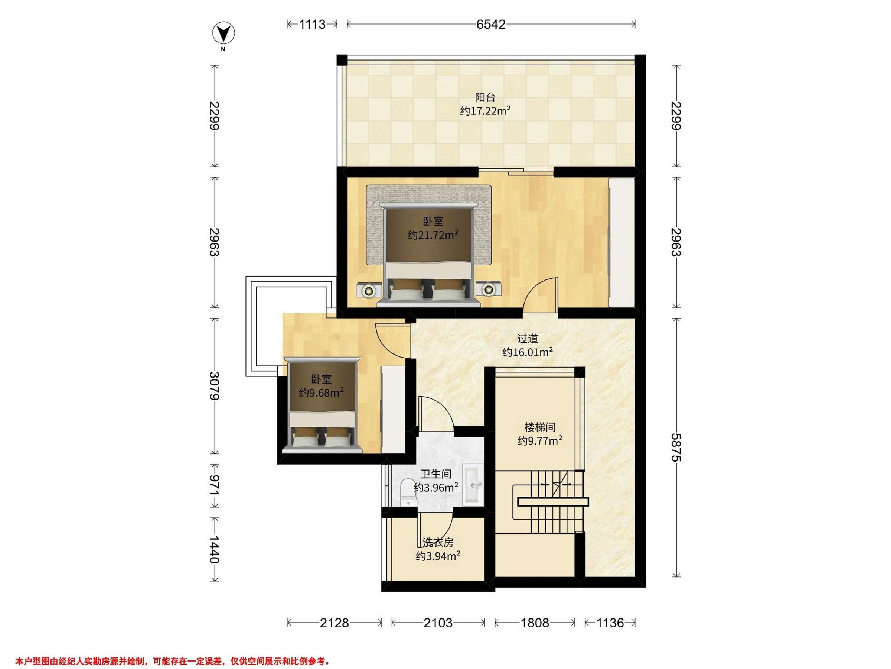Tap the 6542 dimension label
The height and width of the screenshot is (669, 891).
click(491, 24)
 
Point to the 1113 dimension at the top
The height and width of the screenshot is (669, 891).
click(312, 24)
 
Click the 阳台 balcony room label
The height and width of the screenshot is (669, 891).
click(485, 97)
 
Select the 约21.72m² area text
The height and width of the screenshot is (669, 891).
click(433, 234)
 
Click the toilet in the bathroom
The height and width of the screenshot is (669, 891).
click(409, 492)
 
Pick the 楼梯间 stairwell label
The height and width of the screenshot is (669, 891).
click(540, 427)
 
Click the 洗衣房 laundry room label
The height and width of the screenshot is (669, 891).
click(438, 542)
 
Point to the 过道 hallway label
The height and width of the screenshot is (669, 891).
click(527, 338)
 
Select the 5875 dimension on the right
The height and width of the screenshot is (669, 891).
click(676, 448)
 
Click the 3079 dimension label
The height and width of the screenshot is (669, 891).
click(215, 386)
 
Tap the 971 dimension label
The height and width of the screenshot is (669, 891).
click(215, 486)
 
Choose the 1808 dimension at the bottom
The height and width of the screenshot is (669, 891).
click(535, 623)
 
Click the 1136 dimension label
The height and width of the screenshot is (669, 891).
click(610, 623)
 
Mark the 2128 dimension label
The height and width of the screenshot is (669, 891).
click(334, 623)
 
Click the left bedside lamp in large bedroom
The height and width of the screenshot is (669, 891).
click(87, 290)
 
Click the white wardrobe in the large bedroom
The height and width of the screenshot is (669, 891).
click(621, 242)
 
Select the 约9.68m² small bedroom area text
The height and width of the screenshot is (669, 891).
click(321, 392)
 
